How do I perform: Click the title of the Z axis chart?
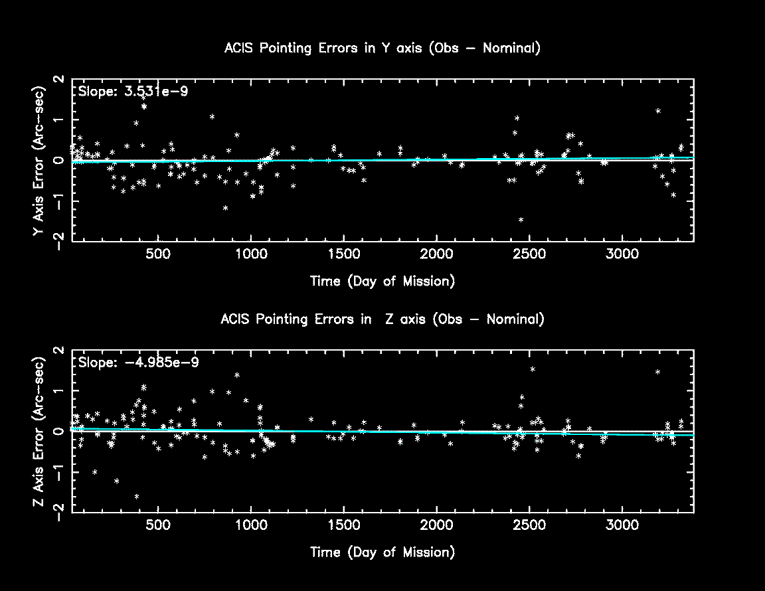pyautogui.click(x=382, y=319)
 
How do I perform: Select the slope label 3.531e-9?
pyautogui.click(x=133, y=92)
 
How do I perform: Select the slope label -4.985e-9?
pyautogui.click(x=138, y=363)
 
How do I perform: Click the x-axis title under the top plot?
pyautogui.click(x=382, y=282)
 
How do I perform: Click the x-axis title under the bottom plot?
pyautogui.click(x=382, y=552)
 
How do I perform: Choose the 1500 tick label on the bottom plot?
pyautogui.click(x=343, y=526)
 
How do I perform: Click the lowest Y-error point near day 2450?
pyautogui.click(x=521, y=220)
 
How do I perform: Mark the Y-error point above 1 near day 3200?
pyautogui.click(x=658, y=111)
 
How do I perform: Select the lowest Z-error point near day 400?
pyautogui.click(x=137, y=496)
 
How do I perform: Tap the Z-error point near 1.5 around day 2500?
pyautogui.click(x=533, y=369)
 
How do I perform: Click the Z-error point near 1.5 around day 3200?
pyautogui.click(x=658, y=372)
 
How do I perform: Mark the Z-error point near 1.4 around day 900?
pyautogui.click(x=237, y=375)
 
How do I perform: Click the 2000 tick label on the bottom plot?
pyautogui.click(x=436, y=526)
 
